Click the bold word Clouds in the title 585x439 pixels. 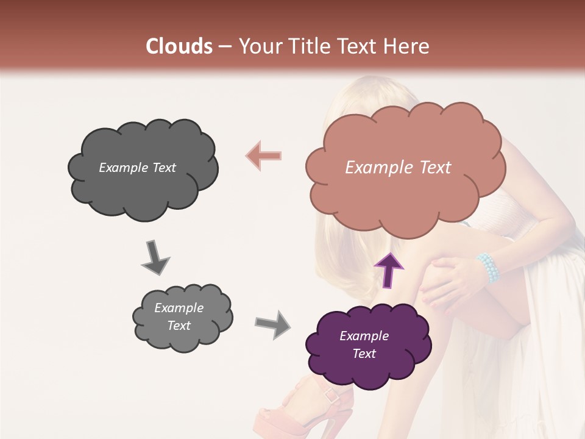[x=179, y=46]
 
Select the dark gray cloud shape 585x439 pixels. [x=143, y=168]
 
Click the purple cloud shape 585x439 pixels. [x=367, y=345]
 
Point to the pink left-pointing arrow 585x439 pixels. [x=264, y=155]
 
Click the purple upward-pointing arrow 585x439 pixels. [x=388, y=270]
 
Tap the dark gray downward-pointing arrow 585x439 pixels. [x=155, y=257]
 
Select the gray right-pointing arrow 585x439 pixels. [x=273, y=324]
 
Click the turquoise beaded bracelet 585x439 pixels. [x=489, y=268]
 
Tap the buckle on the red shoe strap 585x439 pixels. [x=331, y=396]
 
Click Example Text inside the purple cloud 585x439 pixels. [x=364, y=344]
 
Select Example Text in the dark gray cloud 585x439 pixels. [x=137, y=168]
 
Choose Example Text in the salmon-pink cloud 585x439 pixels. [x=398, y=168]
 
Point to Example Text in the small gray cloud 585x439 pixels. [x=179, y=316]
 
